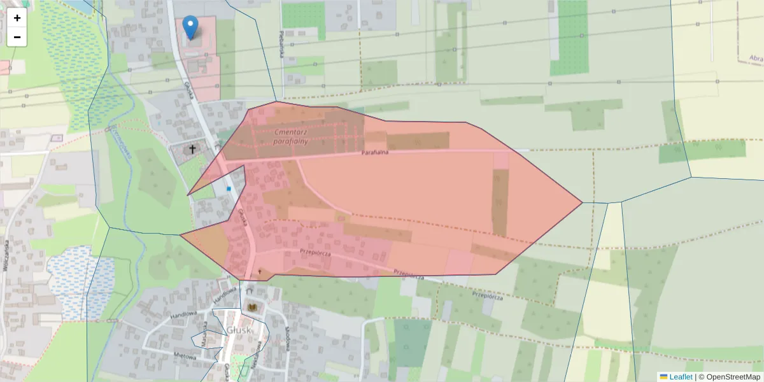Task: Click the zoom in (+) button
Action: (17, 18)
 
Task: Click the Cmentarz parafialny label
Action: (291, 136)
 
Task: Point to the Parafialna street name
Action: (375, 153)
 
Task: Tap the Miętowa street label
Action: (185, 357)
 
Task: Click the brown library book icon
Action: (251, 308)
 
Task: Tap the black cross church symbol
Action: (192, 150)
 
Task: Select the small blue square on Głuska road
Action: (229, 188)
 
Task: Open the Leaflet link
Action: (681, 377)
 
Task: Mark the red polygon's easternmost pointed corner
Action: (582, 202)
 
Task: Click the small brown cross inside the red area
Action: (259, 271)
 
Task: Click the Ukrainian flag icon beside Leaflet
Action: (663, 377)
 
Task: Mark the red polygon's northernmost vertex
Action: (276, 102)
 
